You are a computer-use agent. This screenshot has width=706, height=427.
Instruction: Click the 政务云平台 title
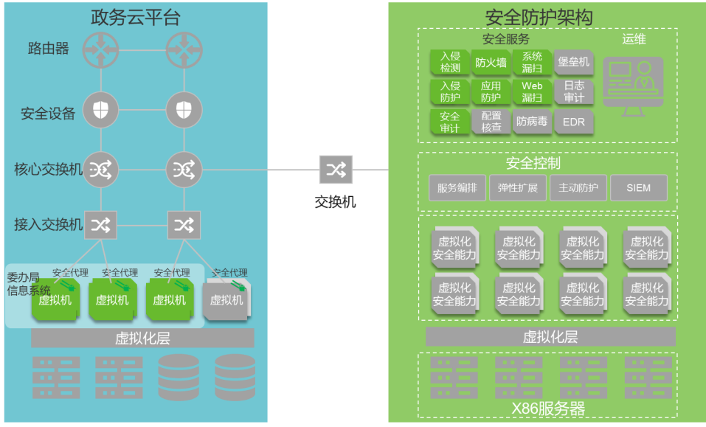pyautogui.click(x=135, y=16)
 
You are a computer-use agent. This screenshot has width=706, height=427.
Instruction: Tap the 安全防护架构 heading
pyautogui.click(x=539, y=16)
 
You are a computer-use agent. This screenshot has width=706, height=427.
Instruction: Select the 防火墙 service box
pyautogui.click(x=491, y=63)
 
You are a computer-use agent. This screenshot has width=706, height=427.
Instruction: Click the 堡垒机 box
pyautogui.click(x=573, y=63)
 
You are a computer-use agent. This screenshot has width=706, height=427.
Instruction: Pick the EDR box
pyautogui.click(x=573, y=122)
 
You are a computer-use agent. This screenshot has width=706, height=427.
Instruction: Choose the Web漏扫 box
pyautogui.click(x=532, y=92)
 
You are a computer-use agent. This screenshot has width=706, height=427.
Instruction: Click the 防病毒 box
pyautogui.click(x=532, y=122)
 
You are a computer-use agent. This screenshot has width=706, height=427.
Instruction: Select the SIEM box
pyautogui.click(x=638, y=188)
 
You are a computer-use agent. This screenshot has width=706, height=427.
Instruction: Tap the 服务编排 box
pyautogui.click(x=457, y=188)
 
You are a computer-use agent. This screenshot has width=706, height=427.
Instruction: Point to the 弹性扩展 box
pyautogui.click(x=518, y=188)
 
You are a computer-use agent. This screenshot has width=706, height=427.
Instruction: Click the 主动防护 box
pyautogui.click(x=578, y=188)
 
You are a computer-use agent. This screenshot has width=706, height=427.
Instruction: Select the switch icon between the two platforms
pyautogui.click(x=336, y=170)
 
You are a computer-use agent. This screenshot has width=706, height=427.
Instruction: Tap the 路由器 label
pyautogui.click(x=49, y=49)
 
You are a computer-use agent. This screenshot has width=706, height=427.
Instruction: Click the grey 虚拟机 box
pyautogui.click(x=226, y=299)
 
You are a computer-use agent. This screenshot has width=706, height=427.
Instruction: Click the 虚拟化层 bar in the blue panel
pyautogui.click(x=142, y=339)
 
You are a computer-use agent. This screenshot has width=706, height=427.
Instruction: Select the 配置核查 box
pyautogui.click(x=491, y=122)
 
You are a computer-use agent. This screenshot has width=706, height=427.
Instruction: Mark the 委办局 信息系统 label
pyautogui.click(x=28, y=284)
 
